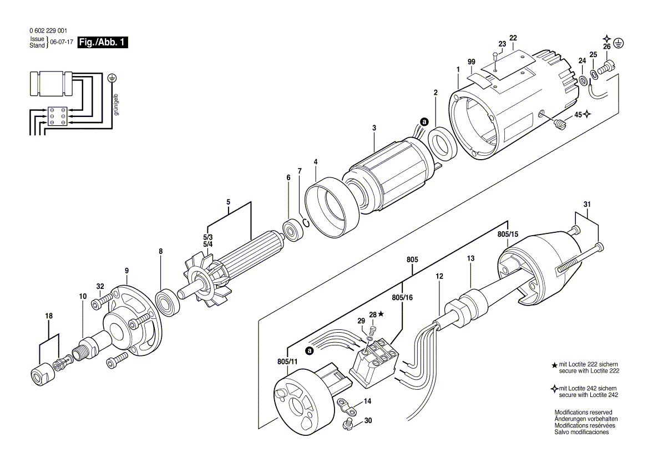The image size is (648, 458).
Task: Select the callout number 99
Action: coord(472,63)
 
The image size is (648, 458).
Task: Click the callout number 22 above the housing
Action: coord(513,38)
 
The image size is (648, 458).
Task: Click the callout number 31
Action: coord(588,205)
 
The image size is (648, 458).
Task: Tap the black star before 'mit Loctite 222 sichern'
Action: coord(554,365)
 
